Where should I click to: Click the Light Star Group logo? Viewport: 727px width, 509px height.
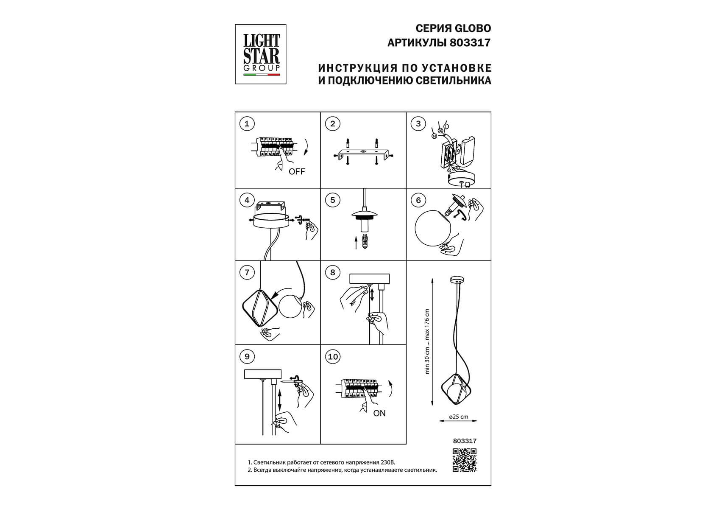point(261,54)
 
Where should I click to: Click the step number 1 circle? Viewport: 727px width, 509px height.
point(247,124)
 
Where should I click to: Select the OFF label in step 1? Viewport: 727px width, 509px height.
point(297,172)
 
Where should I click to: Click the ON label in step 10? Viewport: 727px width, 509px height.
point(379,413)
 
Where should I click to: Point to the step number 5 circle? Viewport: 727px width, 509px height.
point(333,200)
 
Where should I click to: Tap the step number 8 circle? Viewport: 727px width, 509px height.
point(333,272)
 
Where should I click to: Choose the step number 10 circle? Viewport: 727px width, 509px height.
point(333,357)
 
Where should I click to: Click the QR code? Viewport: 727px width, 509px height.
point(465,460)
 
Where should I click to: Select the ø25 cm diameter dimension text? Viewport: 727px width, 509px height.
point(459,417)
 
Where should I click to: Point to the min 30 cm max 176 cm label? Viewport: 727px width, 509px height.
point(427,341)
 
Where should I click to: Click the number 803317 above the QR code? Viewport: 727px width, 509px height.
point(465,441)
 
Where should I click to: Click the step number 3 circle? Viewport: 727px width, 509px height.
point(418,124)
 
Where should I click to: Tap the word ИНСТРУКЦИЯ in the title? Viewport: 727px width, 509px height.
point(358,68)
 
